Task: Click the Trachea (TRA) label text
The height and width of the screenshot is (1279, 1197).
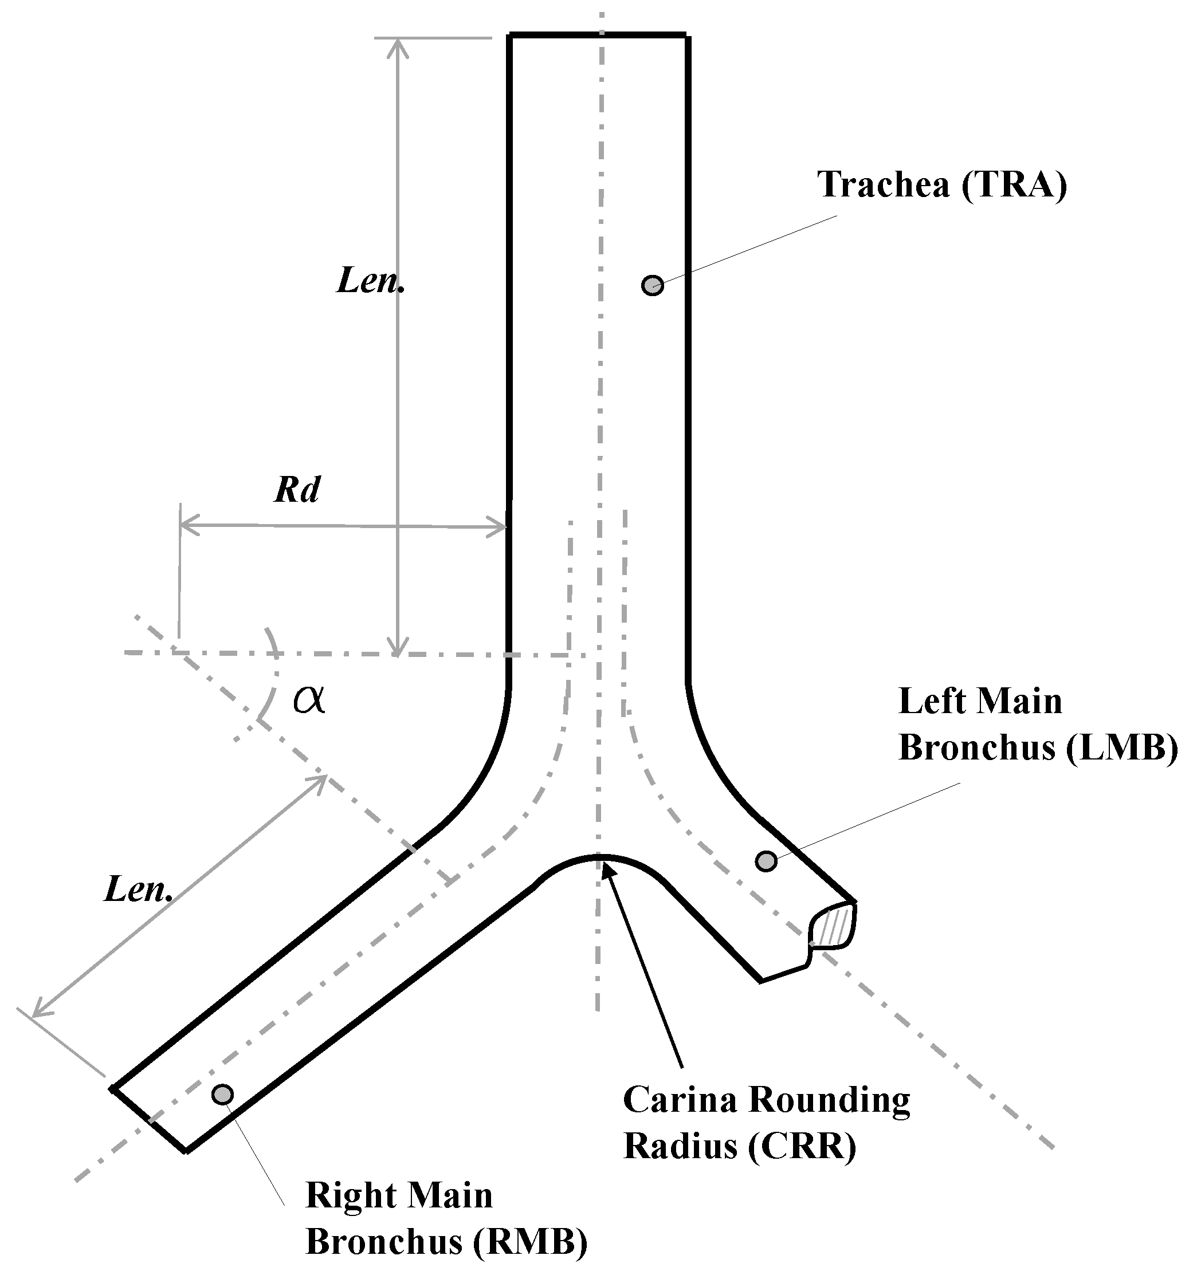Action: (942, 184)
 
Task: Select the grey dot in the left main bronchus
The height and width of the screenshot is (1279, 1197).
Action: (765, 861)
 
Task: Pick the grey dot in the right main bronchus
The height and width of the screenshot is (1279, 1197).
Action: (222, 1094)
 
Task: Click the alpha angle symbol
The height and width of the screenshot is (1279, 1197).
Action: (309, 699)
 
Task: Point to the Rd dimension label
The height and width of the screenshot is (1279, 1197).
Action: (297, 490)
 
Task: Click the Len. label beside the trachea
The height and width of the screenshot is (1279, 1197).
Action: (370, 281)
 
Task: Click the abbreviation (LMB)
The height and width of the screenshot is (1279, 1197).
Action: (1121, 747)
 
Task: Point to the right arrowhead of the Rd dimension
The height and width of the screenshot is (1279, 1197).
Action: (503, 527)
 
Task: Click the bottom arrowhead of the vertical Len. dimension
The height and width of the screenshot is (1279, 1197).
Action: (398, 651)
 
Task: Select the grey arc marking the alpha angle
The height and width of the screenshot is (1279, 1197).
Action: (273, 675)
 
